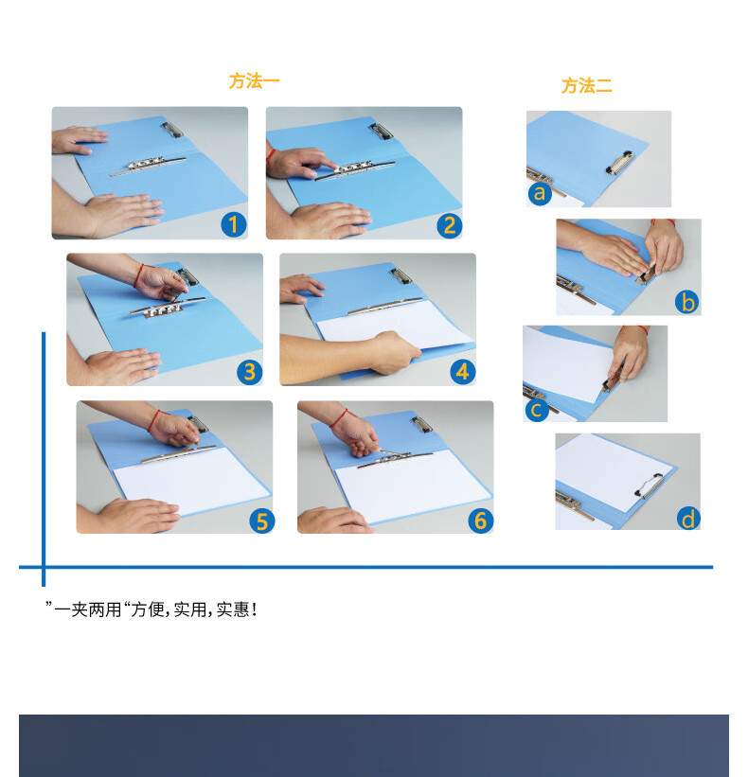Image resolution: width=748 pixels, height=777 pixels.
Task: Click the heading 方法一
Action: coord(254,81)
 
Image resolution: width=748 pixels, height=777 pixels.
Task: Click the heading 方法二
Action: coord(586,86)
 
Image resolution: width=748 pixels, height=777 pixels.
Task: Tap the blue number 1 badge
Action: coord(234,224)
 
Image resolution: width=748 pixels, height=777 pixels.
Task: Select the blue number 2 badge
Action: coord(449,225)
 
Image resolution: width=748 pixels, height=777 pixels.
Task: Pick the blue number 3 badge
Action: coord(249,372)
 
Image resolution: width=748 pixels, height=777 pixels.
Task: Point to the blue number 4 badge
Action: coord(462,372)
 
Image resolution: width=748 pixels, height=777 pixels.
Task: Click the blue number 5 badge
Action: coord(261,521)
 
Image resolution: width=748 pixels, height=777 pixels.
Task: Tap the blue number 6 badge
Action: coord(480,521)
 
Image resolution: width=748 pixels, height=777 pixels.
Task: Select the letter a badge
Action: coord(540,193)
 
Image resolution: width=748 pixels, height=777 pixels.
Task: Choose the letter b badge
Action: coord(687,302)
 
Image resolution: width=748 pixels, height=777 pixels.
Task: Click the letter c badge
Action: coord(537,410)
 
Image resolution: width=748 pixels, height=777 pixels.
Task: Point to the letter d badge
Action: coord(688,519)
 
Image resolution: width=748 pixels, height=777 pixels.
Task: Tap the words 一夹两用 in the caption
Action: coord(88,609)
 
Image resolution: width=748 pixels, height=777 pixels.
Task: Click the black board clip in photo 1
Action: coord(172,130)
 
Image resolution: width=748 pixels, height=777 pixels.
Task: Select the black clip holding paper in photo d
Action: coord(649,486)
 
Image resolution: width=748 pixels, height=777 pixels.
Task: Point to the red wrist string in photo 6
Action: coord(339,418)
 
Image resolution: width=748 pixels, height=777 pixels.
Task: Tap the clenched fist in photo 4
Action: coord(394,352)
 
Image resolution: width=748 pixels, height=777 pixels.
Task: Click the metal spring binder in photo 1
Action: coord(148,166)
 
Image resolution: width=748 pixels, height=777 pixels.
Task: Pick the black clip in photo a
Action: coord(619,163)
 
